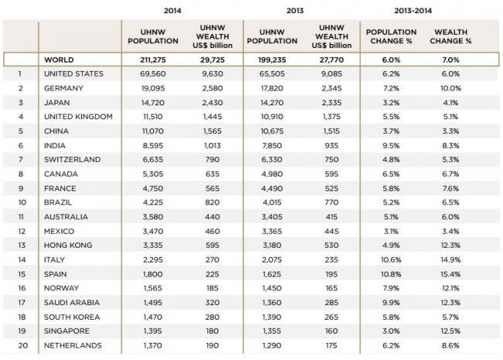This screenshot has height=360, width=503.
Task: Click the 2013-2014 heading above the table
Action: tap(413, 11)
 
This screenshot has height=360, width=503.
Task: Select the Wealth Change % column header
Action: tap(450, 36)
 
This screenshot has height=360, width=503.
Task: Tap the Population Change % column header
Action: tap(391, 36)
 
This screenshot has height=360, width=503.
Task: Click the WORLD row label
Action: tap(59, 60)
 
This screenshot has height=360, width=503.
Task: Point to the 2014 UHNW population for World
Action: tap(153, 60)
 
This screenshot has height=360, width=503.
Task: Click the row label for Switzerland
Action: tap(73, 159)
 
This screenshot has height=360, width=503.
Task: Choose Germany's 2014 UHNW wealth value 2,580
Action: tap(212, 88)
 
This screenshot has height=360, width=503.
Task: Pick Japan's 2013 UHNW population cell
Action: tap(272, 103)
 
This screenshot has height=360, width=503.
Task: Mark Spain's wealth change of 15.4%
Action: tap(450, 274)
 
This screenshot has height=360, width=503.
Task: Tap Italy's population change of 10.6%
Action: tap(391, 259)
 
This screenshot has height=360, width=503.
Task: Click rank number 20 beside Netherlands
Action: tap(23, 345)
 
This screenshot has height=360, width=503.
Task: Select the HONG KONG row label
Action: tap(68, 245)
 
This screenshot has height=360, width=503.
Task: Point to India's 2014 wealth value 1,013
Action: tap(212, 146)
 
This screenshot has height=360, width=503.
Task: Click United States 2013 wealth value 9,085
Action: tap(331, 74)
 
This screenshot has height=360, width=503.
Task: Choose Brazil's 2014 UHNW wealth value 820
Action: tap(212, 203)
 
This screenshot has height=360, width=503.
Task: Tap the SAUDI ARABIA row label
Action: tap(72, 303)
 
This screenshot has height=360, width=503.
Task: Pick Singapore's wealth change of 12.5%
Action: tap(450, 331)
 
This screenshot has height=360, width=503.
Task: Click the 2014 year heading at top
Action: tap(173, 11)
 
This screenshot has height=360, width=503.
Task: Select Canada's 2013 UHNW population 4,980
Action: tap(272, 174)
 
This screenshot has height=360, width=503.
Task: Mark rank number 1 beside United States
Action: tap(20, 74)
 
